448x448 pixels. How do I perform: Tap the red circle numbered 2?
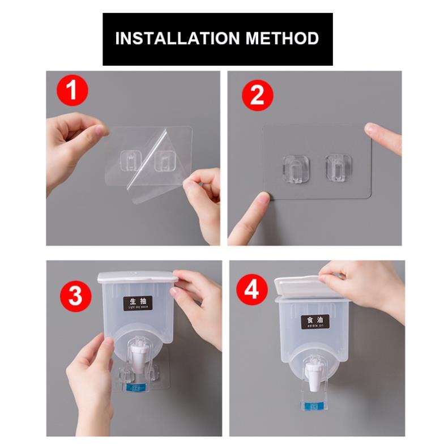click(x=257, y=96)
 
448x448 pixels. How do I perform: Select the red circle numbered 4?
click(x=251, y=291)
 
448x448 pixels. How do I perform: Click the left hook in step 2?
click(x=293, y=168)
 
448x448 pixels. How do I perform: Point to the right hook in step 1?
click(x=165, y=160)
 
